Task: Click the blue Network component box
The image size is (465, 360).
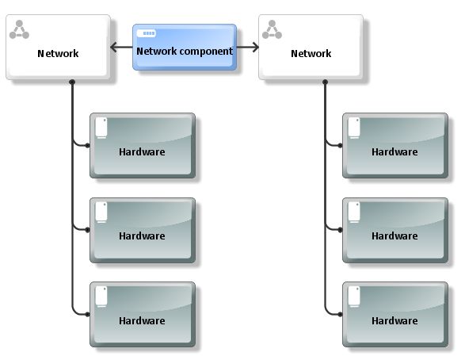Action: click(185, 48)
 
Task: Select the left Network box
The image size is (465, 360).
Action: click(58, 48)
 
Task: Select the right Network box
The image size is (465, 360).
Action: click(311, 48)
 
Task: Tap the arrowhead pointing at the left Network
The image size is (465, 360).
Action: click(113, 48)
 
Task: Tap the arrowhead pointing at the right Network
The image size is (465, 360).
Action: click(256, 48)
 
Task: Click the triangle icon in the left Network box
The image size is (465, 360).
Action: click(19, 29)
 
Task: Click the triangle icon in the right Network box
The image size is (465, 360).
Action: click(272, 29)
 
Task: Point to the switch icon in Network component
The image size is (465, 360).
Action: click(147, 33)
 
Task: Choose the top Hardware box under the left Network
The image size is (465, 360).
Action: click(143, 146)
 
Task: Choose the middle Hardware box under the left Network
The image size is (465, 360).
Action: click(143, 230)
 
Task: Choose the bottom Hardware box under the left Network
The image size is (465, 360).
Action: click(143, 315)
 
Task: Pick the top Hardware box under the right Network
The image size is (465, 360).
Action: click(395, 146)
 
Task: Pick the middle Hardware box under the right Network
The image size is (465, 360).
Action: click(395, 230)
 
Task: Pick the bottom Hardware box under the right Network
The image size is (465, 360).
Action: click(395, 315)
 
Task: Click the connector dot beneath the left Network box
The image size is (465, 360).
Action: click(72, 82)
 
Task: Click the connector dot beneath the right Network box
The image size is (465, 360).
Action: click(325, 82)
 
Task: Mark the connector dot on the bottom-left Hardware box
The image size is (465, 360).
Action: click(87, 314)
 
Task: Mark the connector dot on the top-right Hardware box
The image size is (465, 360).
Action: click(340, 145)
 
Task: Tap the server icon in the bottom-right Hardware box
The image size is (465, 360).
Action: click(354, 297)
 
